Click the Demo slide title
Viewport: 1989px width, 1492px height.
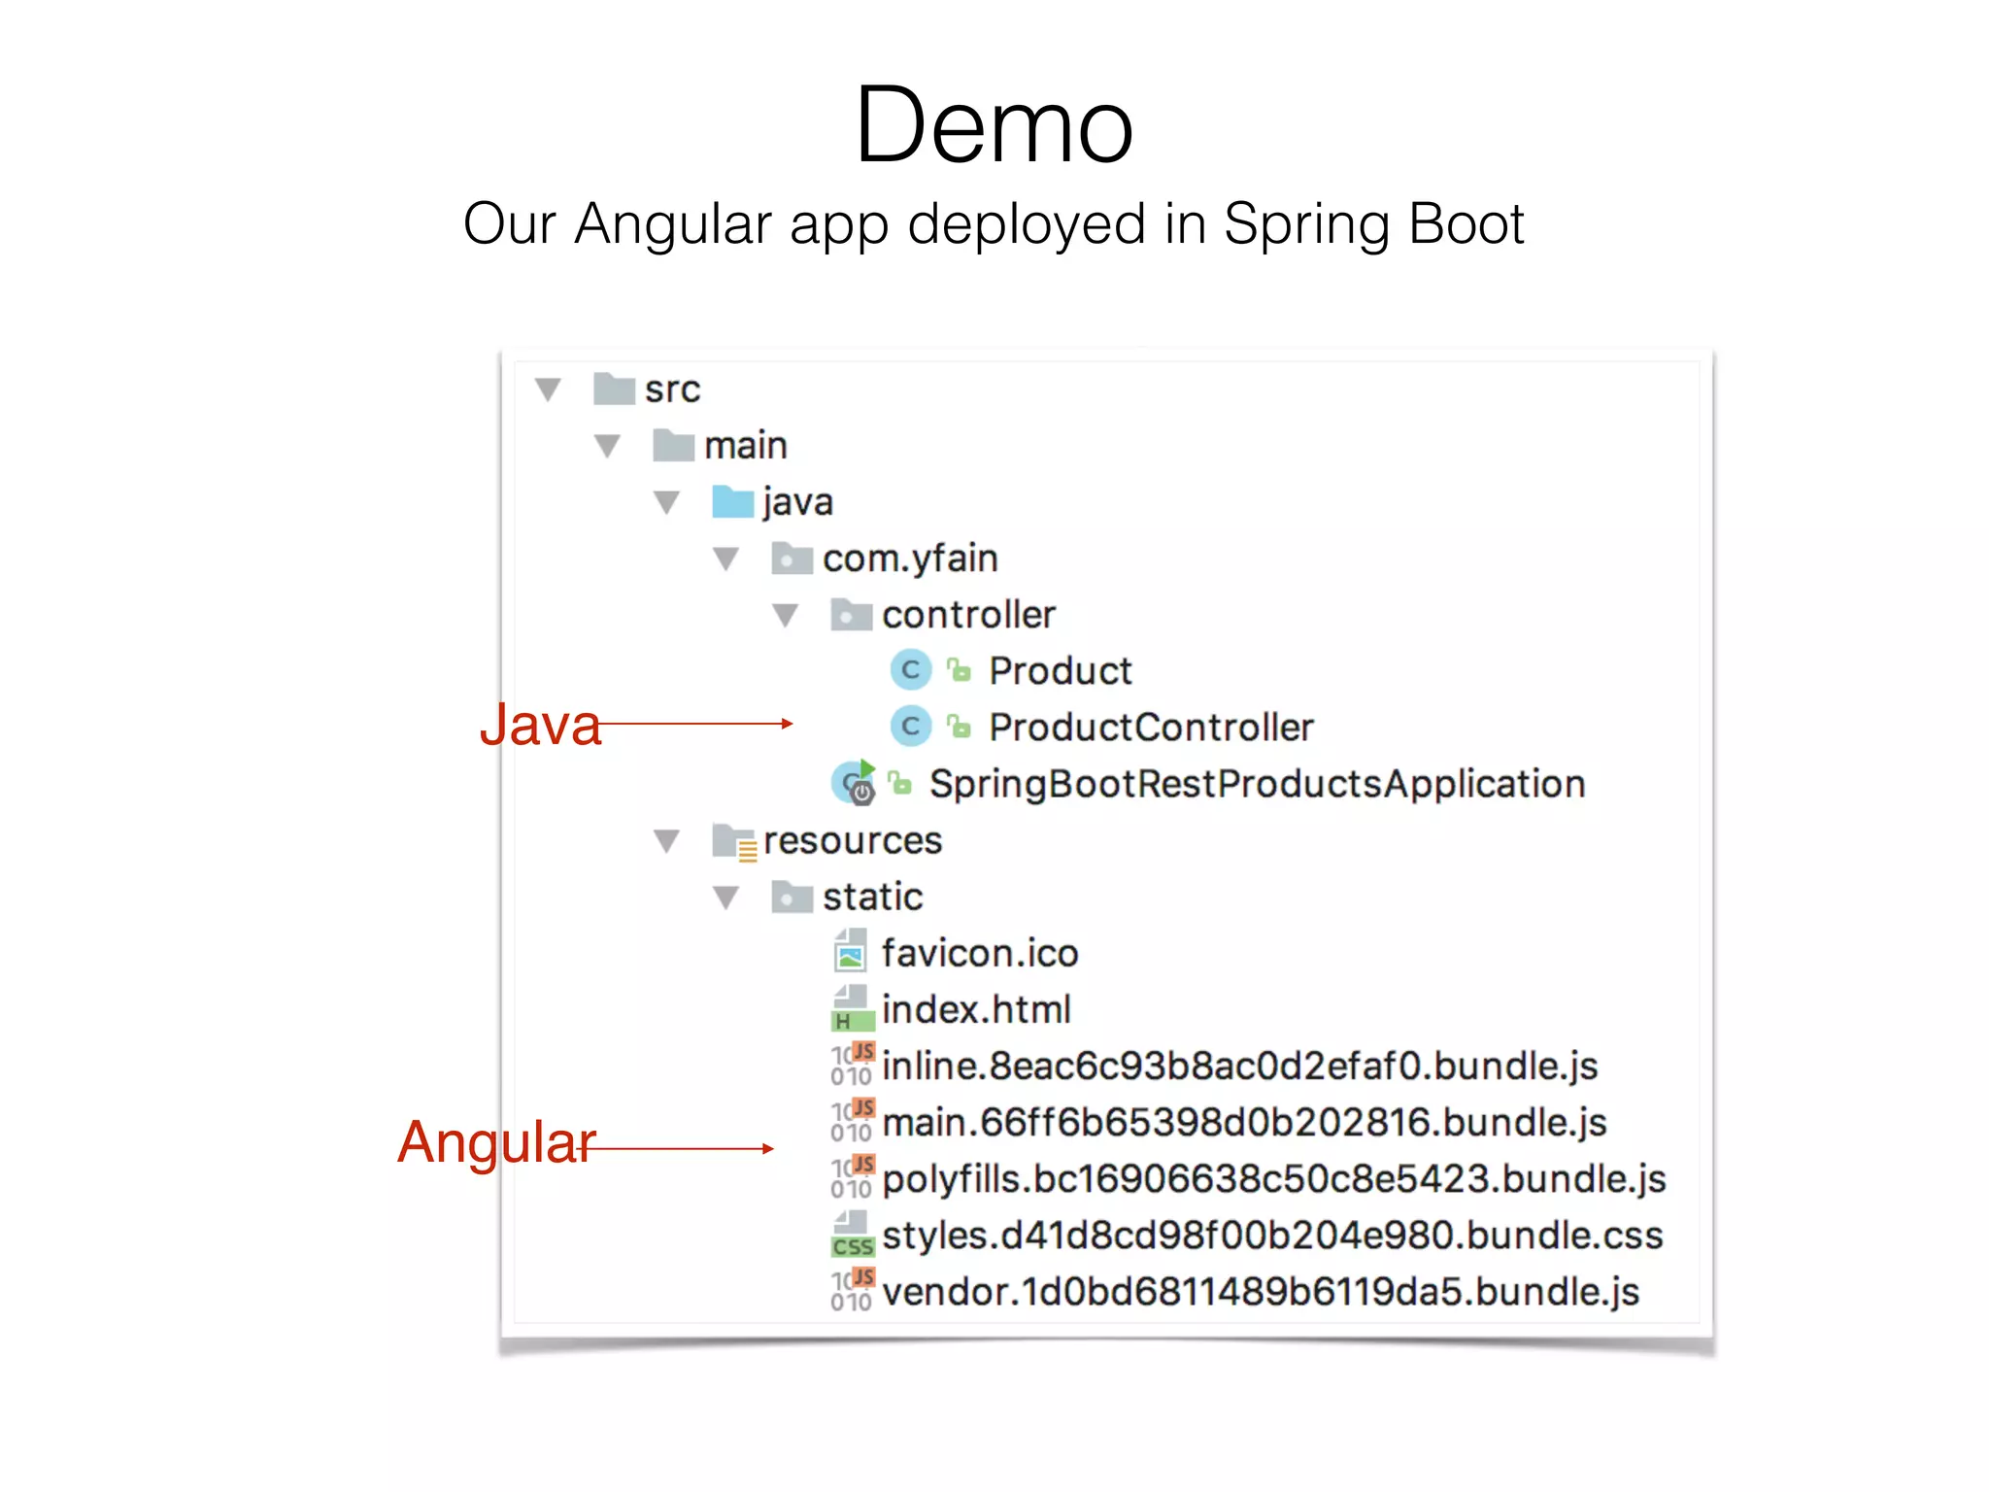[x=994, y=126]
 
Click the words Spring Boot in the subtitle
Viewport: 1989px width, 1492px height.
[x=1373, y=224]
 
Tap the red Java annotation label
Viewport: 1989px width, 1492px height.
[x=540, y=725]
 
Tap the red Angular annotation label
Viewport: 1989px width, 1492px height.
[x=496, y=1141]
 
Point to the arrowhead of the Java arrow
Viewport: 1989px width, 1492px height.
[x=789, y=724]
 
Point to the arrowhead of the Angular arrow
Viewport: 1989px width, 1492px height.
[x=769, y=1148]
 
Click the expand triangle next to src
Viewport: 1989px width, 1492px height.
[x=548, y=390]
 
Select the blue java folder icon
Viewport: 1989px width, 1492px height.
[x=732, y=502]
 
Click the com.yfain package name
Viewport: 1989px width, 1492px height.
[x=910, y=559]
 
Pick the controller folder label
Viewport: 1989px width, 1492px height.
[x=968, y=615]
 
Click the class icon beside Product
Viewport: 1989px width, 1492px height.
[x=910, y=669]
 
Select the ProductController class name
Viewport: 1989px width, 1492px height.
[x=1151, y=728]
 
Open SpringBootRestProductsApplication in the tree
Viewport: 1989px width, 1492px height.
[x=1257, y=784]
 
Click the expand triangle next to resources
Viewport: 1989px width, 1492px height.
[x=666, y=840]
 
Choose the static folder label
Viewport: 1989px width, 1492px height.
[x=872, y=897]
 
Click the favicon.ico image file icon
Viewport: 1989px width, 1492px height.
[x=851, y=952]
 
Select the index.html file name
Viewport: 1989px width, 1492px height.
[x=976, y=1009]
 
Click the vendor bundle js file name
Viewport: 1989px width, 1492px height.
[x=1260, y=1292]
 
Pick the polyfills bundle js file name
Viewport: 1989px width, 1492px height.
[x=1273, y=1179]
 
